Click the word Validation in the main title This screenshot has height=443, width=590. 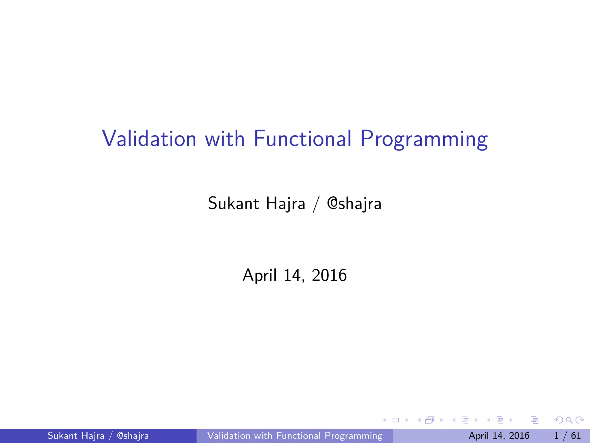click(x=149, y=139)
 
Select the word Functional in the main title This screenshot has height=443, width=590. click(x=302, y=139)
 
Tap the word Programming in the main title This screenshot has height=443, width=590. click(x=424, y=139)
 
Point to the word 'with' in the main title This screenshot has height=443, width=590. click(x=225, y=139)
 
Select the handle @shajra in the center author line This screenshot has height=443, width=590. click(x=354, y=204)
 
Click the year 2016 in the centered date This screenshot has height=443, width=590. click(x=329, y=275)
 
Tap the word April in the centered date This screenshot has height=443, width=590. click(x=260, y=275)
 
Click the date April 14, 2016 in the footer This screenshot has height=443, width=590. click(x=499, y=436)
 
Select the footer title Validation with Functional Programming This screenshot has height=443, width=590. click(x=295, y=436)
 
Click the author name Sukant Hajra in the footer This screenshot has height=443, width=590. click(x=76, y=436)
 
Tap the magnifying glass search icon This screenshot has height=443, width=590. click(x=569, y=420)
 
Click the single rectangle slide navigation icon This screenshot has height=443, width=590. click(x=396, y=420)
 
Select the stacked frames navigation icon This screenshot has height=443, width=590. click(x=430, y=420)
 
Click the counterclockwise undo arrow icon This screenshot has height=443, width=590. click(x=559, y=420)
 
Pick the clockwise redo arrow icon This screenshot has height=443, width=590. click(x=580, y=420)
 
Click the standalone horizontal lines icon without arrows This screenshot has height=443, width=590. click(x=535, y=420)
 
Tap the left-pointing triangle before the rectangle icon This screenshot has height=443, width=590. click(x=384, y=420)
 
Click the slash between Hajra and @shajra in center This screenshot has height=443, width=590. click(x=316, y=204)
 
